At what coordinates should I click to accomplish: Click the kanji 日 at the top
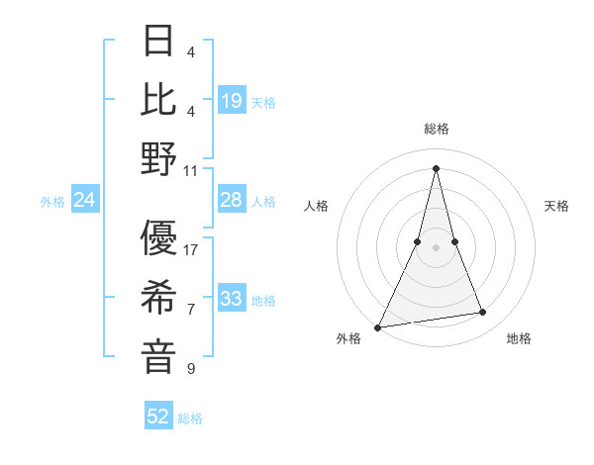coord(159,41)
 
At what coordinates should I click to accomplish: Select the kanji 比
coord(159,98)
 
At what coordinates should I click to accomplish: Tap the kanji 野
coord(159,157)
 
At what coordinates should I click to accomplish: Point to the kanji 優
coord(159,238)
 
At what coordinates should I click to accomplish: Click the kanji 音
coord(159,357)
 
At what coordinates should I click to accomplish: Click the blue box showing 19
coord(232,101)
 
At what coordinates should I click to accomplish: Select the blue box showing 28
coord(232,201)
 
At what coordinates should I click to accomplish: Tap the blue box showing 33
coord(232,300)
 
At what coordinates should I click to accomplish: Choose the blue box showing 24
coord(85,201)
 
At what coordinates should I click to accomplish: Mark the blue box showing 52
coord(158,417)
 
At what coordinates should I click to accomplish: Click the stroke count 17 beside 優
coord(191,250)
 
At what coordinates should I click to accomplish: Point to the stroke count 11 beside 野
coord(191,170)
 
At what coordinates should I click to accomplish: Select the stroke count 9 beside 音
coord(191,370)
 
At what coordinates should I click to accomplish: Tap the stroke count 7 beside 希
coord(191,310)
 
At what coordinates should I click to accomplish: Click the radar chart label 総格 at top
coord(436,129)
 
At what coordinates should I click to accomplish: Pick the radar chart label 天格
coord(557,206)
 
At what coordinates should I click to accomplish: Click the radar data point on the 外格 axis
coord(377,326)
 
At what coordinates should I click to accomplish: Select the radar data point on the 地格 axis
coord(483,313)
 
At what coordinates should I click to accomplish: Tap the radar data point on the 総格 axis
coord(436,167)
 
